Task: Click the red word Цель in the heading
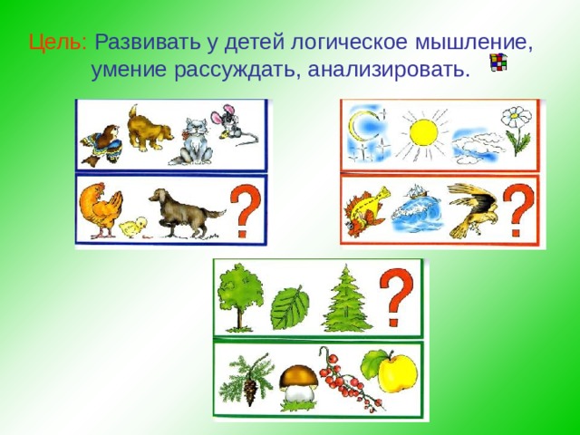(x=56, y=43)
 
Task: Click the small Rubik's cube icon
(x=498, y=63)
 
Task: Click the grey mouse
(x=227, y=122)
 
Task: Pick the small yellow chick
(x=133, y=227)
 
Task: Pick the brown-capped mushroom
(x=296, y=383)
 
